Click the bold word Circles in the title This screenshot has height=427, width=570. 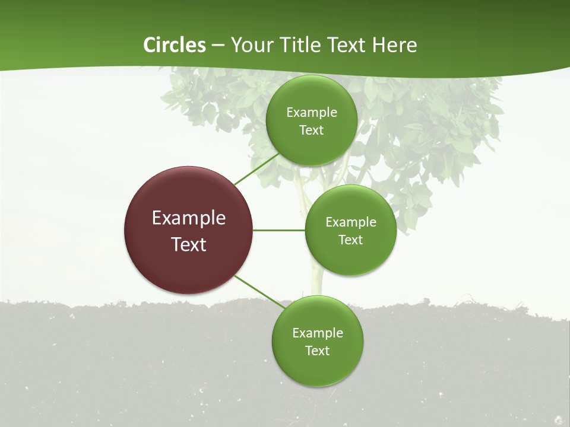point(175,45)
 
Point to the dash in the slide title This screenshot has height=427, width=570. point(218,46)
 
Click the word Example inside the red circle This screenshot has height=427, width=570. point(189,218)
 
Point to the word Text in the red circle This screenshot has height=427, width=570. point(189,244)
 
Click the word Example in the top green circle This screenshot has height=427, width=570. point(312,112)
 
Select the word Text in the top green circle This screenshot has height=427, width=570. point(312,130)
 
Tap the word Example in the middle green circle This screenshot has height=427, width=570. point(351,222)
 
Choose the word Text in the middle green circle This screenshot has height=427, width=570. point(351,240)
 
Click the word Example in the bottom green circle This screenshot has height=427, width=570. point(318,333)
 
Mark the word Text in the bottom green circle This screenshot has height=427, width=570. point(318,350)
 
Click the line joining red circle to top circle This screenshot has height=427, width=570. point(256,168)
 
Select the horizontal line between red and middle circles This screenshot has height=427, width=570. point(279,230)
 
